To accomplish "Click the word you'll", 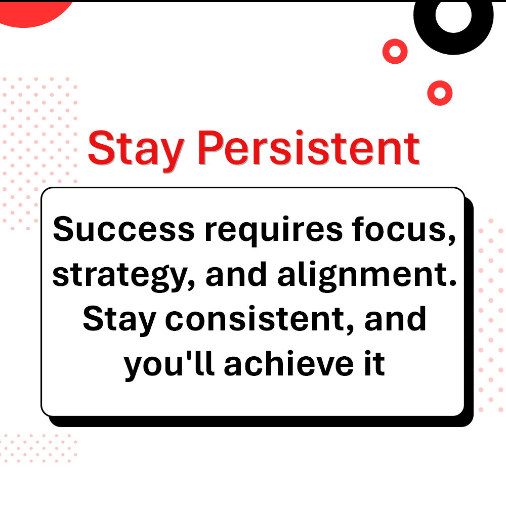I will tap(171, 364).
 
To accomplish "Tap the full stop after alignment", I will tap(452, 283).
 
